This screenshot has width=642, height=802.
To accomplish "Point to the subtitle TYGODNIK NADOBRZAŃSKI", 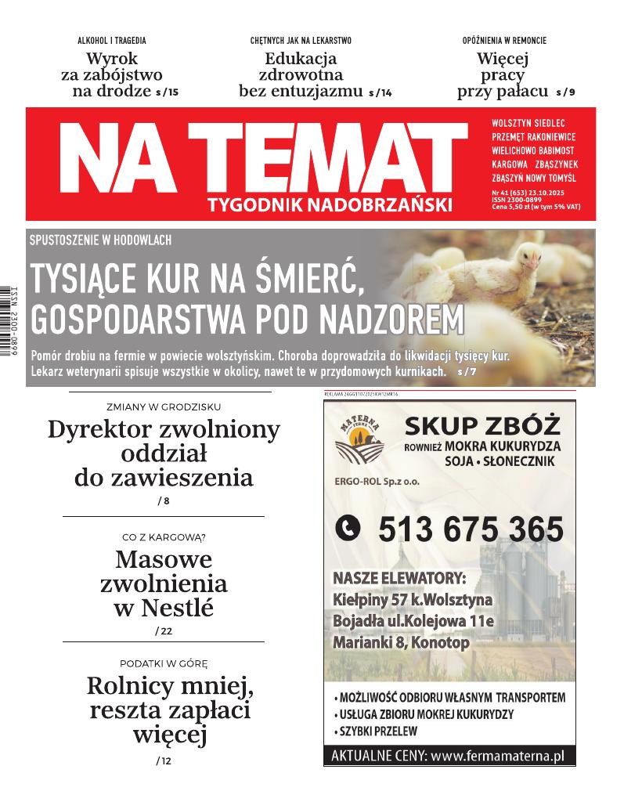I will coord(330,205).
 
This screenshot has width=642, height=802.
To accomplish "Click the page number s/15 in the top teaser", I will coord(168,92).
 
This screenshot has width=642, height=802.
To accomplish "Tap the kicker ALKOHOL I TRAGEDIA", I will coord(111,41).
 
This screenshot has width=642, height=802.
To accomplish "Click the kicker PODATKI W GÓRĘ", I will coord(164,663).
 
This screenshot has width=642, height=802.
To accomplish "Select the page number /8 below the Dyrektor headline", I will coord(163,500).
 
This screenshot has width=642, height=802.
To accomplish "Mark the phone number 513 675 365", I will coord(471,530).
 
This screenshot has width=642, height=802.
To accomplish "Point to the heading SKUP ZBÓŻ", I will coord(482,426).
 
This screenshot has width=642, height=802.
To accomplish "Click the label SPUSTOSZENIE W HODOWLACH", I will coord(100,240).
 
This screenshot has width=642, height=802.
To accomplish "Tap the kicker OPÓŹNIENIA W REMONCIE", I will coord(504,41).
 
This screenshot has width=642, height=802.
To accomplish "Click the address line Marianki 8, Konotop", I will coord(401,643).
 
